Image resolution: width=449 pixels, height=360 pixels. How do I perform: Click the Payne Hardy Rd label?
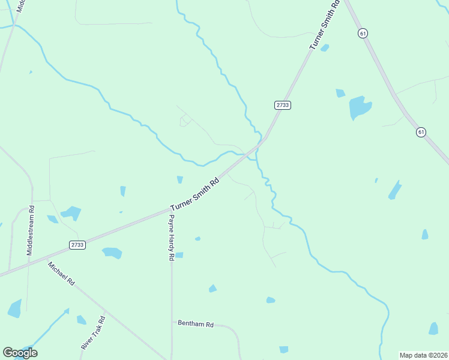171,238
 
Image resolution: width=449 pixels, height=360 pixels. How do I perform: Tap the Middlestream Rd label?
30,231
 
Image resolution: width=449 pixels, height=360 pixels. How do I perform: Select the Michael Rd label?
62,273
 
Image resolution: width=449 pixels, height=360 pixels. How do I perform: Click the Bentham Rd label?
196,323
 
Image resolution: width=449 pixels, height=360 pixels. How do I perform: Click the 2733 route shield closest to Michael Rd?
77,245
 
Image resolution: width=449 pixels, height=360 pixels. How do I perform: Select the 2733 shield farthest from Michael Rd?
283,104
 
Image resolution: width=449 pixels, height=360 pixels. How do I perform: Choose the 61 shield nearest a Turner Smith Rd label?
363,34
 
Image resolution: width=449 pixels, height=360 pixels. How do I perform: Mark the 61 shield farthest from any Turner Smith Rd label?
421,132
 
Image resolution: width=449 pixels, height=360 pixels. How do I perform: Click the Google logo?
20,352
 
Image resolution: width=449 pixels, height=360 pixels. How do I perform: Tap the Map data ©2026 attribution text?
423,355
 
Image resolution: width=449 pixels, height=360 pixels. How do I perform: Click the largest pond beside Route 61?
360,107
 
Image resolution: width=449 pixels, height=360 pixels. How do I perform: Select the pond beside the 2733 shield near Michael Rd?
112,253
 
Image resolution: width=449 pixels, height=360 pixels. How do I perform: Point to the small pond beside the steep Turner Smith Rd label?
325,47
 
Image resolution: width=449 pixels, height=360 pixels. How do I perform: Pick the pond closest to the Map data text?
433,328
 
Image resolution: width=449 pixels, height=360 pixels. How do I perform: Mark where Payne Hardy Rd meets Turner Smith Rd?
171,209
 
